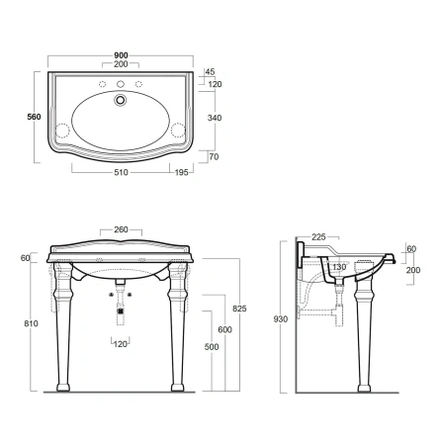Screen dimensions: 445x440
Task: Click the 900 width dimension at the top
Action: coord(121,56)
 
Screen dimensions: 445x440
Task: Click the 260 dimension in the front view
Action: coord(120,231)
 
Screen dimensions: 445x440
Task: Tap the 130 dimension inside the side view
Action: coord(340,267)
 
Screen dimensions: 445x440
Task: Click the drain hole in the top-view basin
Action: coord(122,99)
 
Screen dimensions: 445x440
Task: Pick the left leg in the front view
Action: coord(63,326)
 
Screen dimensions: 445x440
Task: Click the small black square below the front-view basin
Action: coord(121,311)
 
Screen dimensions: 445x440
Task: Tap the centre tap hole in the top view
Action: coord(121,81)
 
